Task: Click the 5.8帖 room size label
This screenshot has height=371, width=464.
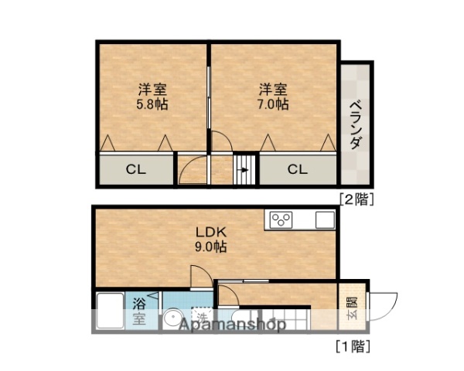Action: [x=153, y=104]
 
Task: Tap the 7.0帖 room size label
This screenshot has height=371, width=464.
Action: [x=273, y=104]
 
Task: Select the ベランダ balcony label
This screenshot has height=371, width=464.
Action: [x=356, y=124]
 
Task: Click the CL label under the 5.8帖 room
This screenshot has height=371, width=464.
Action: [x=136, y=169]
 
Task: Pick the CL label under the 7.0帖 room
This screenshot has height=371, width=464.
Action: [x=298, y=169]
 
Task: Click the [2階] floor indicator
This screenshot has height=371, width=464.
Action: [x=357, y=199]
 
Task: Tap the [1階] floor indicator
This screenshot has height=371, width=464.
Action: [x=353, y=345]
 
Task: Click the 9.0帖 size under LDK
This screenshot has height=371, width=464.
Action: [x=210, y=247]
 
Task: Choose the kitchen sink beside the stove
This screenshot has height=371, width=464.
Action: [x=323, y=220]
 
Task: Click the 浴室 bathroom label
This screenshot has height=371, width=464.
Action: [x=139, y=309]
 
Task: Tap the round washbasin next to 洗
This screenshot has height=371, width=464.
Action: [x=172, y=319]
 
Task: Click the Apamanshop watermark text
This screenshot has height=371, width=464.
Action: [x=232, y=325]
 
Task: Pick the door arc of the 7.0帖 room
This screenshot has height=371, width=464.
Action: [x=222, y=142]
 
